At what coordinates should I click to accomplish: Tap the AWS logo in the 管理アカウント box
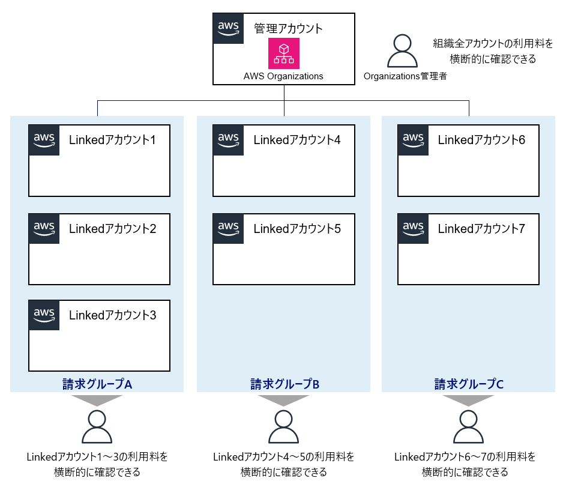pos(228,28)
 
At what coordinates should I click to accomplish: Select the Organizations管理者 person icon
pos(402,51)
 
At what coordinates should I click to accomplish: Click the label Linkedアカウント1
pos(112,141)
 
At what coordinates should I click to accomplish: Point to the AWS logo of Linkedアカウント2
pos(44,228)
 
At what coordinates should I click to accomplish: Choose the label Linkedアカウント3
pos(112,315)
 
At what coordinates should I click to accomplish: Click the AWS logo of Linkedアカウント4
pos(228,140)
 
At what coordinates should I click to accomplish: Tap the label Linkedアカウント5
pos(297,229)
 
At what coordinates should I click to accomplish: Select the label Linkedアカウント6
pos(481,141)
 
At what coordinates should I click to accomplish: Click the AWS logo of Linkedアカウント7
pos(413,228)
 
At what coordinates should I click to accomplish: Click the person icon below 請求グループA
pos(97,427)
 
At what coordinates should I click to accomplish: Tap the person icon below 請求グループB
pos(283,427)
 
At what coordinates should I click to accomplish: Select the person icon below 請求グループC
pos(468,427)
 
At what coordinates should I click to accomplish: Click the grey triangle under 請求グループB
pos(283,400)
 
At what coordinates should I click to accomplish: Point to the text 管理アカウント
pos(288,28)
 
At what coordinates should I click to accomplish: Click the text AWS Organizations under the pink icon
pos(283,76)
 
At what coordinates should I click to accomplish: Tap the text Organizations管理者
pos(405,76)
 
